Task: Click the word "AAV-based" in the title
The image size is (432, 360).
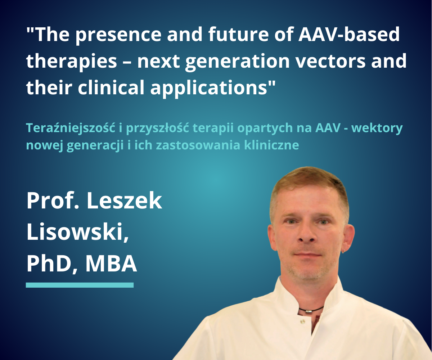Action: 349,34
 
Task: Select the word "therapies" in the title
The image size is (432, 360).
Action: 72,62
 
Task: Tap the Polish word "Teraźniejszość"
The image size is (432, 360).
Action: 71,128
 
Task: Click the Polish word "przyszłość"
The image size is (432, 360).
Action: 157,128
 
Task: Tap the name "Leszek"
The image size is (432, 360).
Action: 124,201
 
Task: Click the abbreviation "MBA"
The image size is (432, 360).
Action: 111,264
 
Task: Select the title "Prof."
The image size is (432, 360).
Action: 53,201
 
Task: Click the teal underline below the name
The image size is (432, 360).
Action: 80,285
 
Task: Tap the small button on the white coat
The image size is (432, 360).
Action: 302,321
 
